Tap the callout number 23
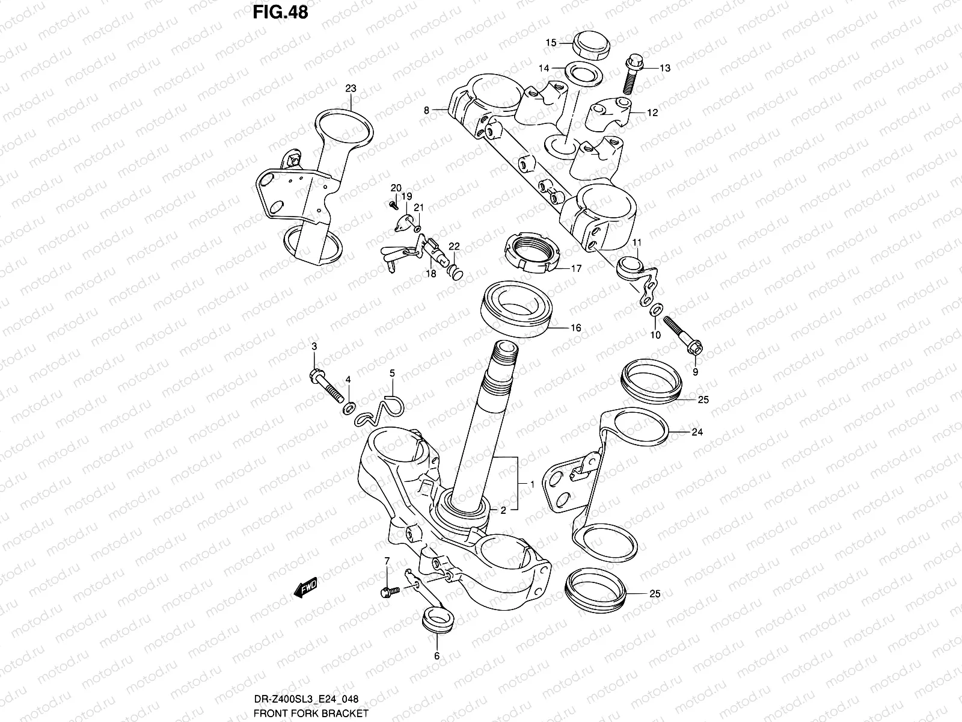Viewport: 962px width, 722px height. click(x=351, y=88)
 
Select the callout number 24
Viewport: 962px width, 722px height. click(x=697, y=432)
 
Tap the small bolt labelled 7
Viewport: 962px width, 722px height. click(x=389, y=592)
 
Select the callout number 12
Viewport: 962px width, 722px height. click(x=653, y=113)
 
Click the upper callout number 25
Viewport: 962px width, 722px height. click(x=703, y=400)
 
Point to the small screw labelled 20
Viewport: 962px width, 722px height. click(x=394, y=205)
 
